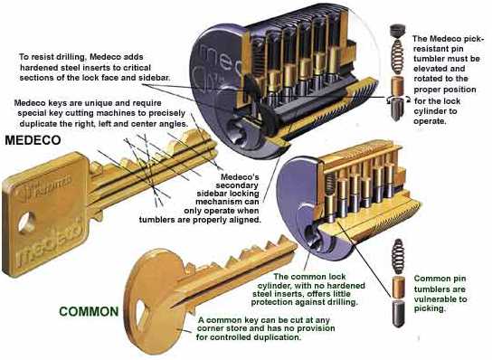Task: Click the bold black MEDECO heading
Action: click(x=33, y=140)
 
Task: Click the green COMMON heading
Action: click(x=89, y=312)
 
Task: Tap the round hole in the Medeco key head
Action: click(x=26, y=223)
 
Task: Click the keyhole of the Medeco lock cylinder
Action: click(x=236, y=132)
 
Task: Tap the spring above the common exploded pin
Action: click(x=399, y=256)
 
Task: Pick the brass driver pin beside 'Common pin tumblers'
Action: click(x=399, y=288)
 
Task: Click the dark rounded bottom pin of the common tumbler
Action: click(x=399, y=314)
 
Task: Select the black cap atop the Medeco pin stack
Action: click(x=398, y=32)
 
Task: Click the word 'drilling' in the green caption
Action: click(x=339, y=303)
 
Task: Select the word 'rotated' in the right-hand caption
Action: click(x=430, y=79)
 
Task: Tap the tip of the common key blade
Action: click(x=296, y=246)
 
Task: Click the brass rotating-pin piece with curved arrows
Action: click(x=398, y=108)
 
